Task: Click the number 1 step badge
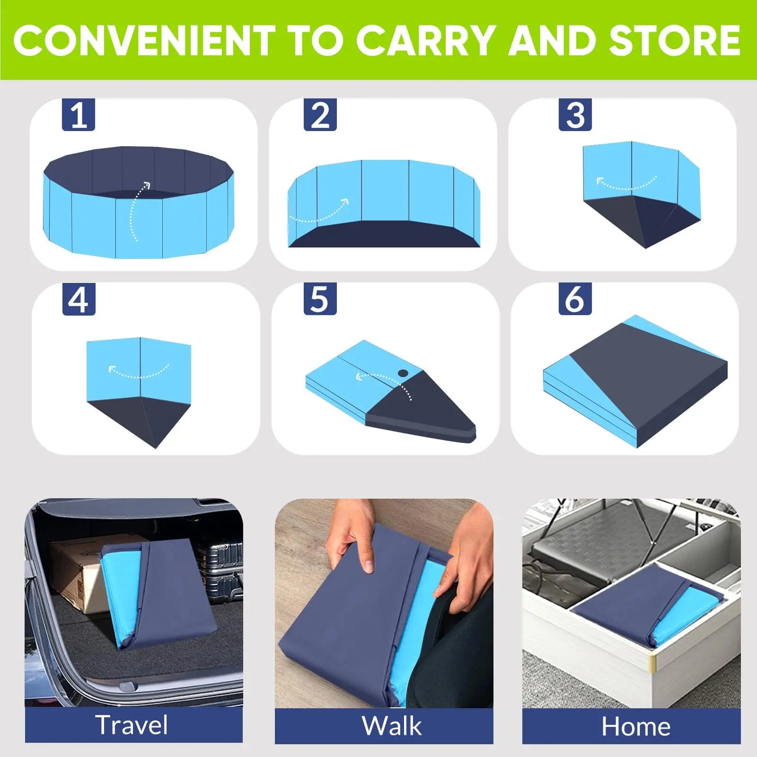pyautogui.click(x=79, y=115)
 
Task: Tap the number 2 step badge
pyautogui.click(x=320, y=115)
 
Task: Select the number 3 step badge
pyautogui.click(x=575, y=115)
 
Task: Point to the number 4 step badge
pyautogui.click(x=79, y=299)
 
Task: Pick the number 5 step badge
pyautogui.click(x=320, y=299)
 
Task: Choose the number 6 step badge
pyautogui.click(x=575, y=299)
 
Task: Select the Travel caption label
pyautogui.click(x=132, y=725)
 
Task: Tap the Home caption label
pyautogui.click(x=635, y=727)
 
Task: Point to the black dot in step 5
pyautogui.click(x=403, y=374)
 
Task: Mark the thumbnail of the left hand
pyautogui.click(x=369, y=566)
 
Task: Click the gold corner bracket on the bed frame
pyautogui.click(x=652, y=663)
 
